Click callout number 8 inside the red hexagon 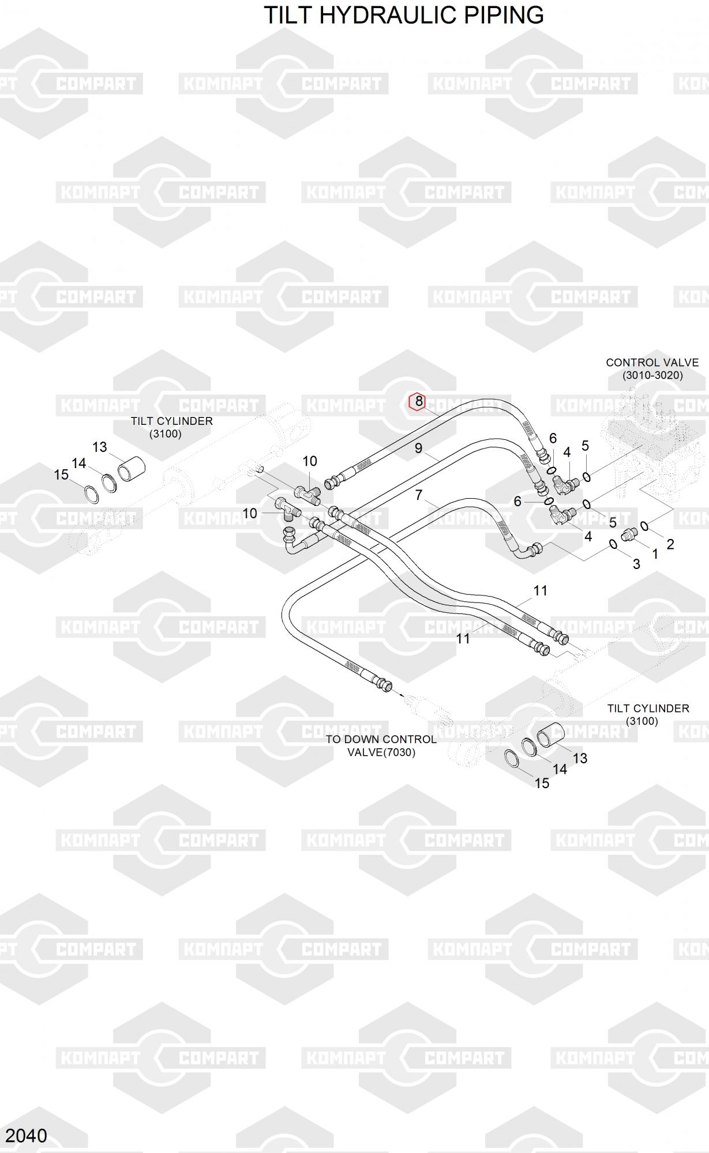(x=418, y=402)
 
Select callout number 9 (x=418, y=448)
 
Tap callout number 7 (x=419, y=495)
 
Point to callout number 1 (x=655, y=554)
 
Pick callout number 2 (x=670, y=544)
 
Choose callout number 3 (x=636, y=564)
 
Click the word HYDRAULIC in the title (x=404, y=16)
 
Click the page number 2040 (x=27, y=1135)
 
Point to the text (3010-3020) (x=652, y=375)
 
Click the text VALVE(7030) (x=381, y=752)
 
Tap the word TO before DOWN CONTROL (x=333, y=740)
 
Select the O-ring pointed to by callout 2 (x=644, y=526)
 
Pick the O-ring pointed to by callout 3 (x=613, y=544)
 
